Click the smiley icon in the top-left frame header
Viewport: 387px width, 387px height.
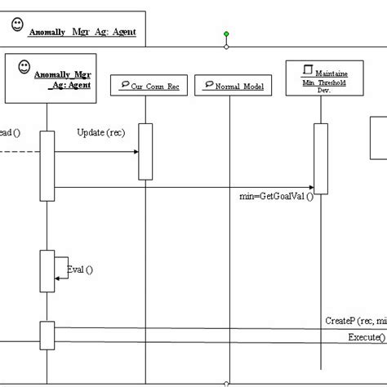(x=16, y=24)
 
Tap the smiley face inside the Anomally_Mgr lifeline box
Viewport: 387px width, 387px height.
(x=25, y=64)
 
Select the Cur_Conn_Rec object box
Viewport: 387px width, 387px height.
(x=145, y=85)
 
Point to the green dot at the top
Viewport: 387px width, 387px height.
(x=226, y=34)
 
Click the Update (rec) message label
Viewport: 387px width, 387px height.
(x=101, y=132)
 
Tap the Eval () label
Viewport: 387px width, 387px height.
(x=79, y=269)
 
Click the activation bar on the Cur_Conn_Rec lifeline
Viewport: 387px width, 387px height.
(x=145, y=151)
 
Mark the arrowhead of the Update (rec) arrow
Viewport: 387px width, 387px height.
(x=134, y=152)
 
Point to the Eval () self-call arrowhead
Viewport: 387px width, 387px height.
(x=58, y=279)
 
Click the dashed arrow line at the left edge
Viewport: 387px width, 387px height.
(x=16, y=152)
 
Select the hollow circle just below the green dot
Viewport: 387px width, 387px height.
(x=226, y=47)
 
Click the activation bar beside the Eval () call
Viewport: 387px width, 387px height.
(x=47, y=269)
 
